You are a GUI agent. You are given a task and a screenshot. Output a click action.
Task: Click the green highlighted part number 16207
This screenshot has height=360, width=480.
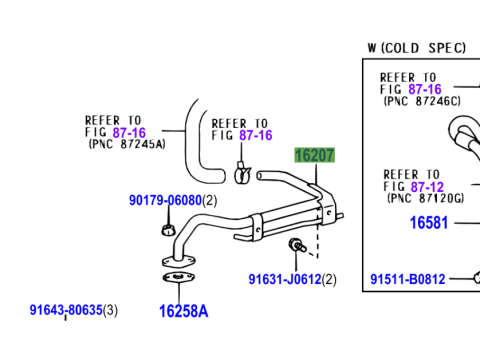click(x=313, y=156)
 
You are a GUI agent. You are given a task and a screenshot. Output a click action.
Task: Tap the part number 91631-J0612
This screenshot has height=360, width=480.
click(x=285, y=279)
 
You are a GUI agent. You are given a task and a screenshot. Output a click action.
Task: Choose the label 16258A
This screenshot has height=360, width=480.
click(x=183, y=311)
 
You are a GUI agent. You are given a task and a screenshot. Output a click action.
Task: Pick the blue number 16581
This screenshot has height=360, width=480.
click(x=428, y=223)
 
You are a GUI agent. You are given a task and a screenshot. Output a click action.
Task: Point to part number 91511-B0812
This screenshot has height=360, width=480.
click(x=406, y=279)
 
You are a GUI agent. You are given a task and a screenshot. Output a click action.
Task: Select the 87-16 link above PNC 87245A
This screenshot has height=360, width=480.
click(x=156, y=131)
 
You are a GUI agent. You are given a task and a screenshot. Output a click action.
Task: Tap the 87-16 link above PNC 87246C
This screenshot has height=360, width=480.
click(x=452, y=89)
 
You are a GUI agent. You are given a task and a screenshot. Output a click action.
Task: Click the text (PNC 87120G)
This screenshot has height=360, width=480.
click(x=424, y=198)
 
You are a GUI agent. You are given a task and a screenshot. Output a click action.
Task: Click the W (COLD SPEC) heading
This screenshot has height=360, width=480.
click(x=416, y=47)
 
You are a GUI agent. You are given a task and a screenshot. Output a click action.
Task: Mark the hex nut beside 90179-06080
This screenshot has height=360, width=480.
click(x=164, y=234)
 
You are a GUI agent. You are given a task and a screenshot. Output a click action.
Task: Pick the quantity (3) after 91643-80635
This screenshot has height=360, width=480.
click(x=111, y=310)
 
